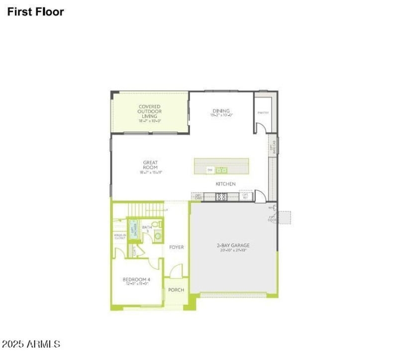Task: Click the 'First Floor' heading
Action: click(35, 11)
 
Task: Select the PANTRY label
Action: click(263, 113)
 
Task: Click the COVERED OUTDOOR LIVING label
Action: click(150, 112)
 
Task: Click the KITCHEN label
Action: click(225, 184)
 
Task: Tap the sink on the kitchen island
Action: click(221, 170)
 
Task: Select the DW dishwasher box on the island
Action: click(210, 170)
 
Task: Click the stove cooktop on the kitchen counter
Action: click(221, 197)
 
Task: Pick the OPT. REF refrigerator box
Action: click(245, 196)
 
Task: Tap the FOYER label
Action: click(177, 247)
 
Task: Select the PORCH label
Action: click(176, 290)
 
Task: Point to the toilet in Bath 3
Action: click(156, 225)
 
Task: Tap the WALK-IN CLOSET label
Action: click(120, 237)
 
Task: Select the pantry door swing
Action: click(260, 127)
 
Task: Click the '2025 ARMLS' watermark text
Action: click(31, 344)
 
